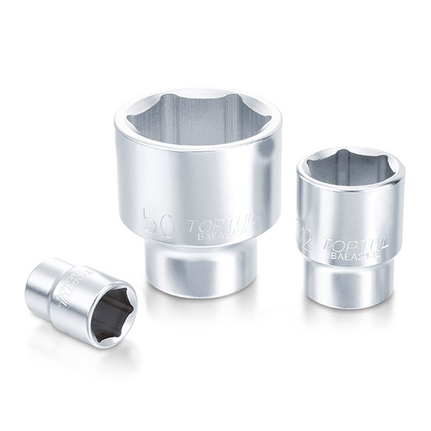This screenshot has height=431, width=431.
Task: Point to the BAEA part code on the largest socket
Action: coord(223,236)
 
